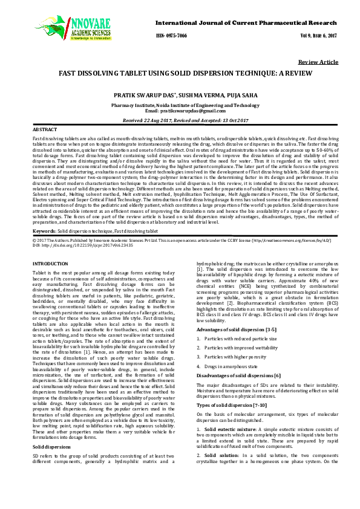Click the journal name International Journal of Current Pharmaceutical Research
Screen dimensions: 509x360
click(x=246, y=22)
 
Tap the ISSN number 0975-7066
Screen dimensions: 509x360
click(x=171, y=36)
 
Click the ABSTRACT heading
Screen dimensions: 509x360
click(x=45, y=130)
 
